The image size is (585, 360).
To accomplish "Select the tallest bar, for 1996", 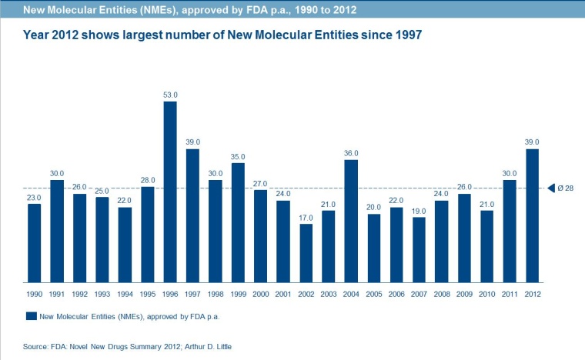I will (170, 192).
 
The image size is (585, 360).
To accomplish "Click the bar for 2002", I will (306, 253).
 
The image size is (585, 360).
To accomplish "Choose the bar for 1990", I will (34, 243).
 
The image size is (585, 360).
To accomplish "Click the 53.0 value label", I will (170, 95).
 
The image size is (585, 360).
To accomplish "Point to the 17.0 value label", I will (306, 217).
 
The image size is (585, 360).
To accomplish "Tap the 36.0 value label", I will (352, 153).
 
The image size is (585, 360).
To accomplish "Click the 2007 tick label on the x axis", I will (420, 294).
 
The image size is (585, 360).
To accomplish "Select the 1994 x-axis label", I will (125, 294).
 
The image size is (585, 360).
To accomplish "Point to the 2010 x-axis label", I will (487, 294).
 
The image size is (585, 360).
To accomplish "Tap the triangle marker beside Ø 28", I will (550, 188).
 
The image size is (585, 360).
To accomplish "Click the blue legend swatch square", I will (31, 316).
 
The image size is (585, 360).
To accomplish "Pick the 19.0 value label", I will (420, 211).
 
